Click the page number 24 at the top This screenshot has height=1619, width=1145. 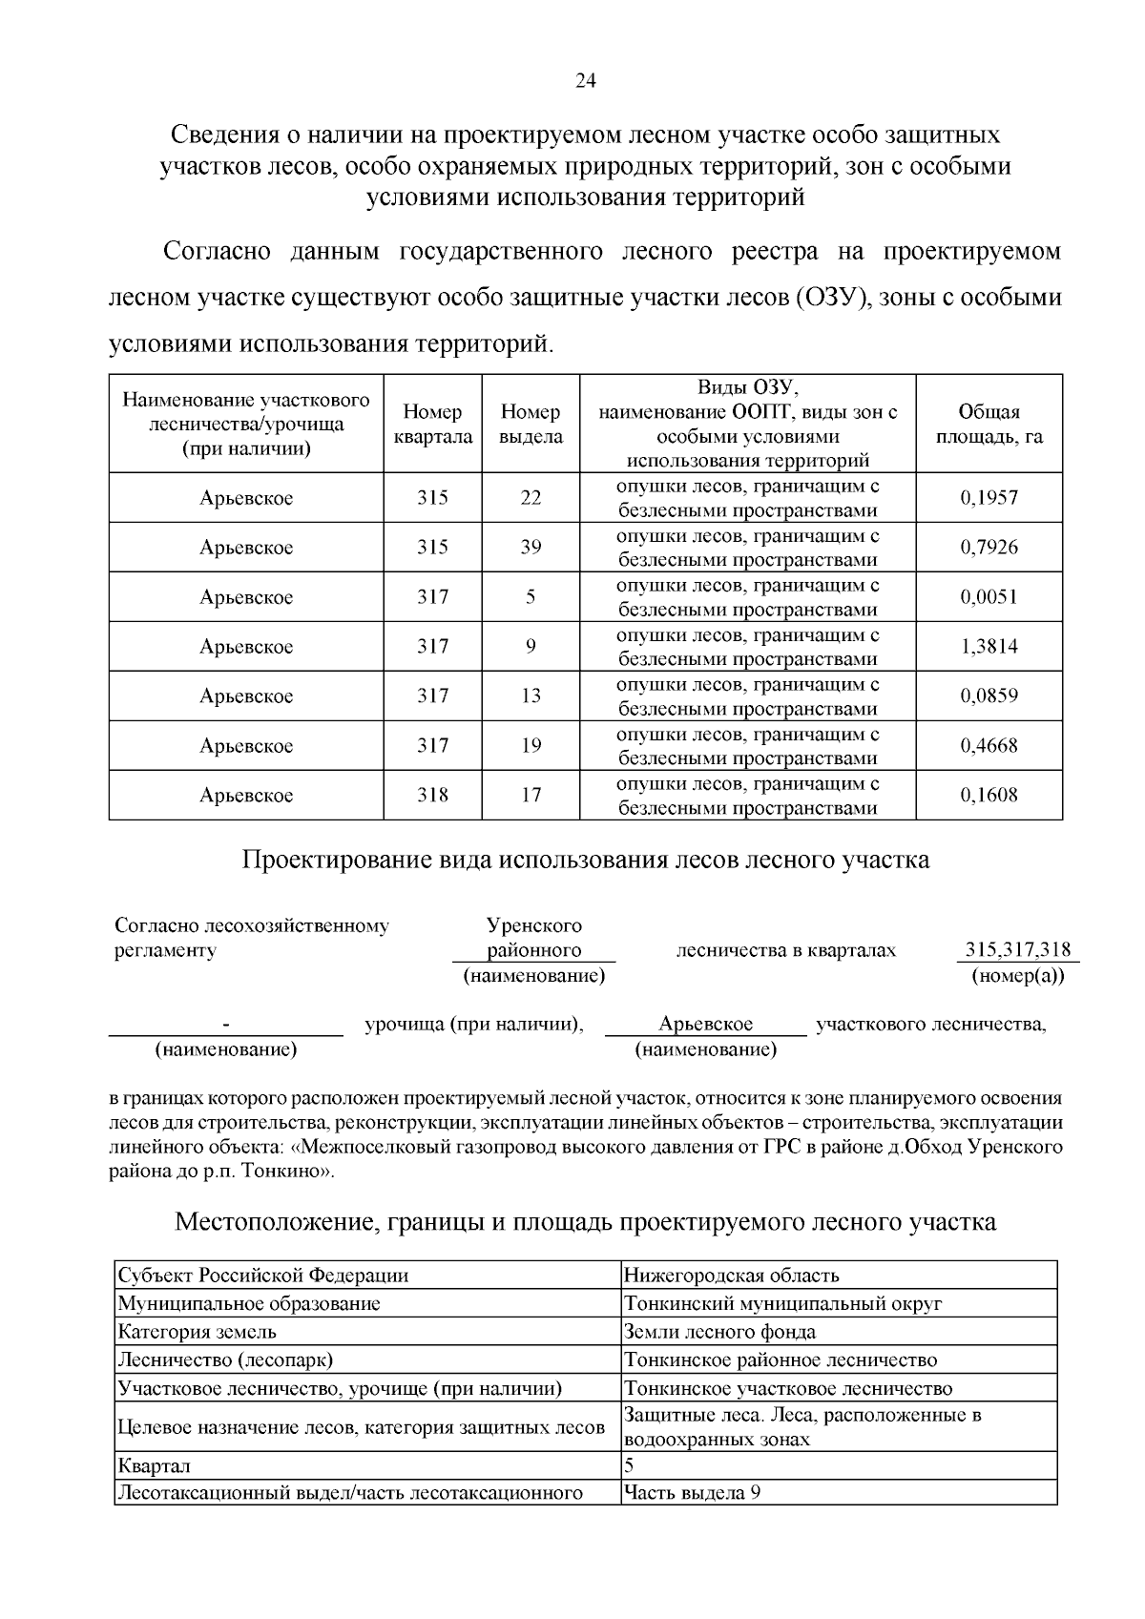pyautogui.click(x=585, y=82)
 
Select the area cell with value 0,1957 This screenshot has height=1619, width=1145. pyautogui.click(x=989, y=498)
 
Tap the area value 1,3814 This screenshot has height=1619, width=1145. pyautogui.click(x=989, y=647)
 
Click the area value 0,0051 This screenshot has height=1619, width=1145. pyautogui.click(x=989, y=597)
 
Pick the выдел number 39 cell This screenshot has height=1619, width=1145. pyautogui.click(x=531, y=548)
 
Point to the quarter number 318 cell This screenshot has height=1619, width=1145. pyautogui.click(x=432, y=796)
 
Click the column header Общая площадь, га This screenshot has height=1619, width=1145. pyautogui.click(x=989, y=425)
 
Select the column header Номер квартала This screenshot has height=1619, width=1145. pyautogui.click(x=432, y=425)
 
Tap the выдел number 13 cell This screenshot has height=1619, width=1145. pyautogui.click(x=531, y=696)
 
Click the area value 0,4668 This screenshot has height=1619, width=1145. pyautogui.click(x=989, y=746)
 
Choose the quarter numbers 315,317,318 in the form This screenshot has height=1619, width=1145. pyautogui.click(x=1017, y=950)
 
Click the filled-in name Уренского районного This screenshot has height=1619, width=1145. pyautogui.click(x=533, y=938)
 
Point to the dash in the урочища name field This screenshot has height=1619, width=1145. pyautogui.click(x=226, y=1025)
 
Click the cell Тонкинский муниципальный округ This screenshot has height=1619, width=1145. pyautogui.click(x=782, y=1303)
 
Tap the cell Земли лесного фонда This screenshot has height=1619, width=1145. pyautogui.click(x=719, y=1332)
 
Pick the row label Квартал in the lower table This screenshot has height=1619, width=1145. pyautogui.click(x=154, y=1465)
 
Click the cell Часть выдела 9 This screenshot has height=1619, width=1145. pyautogui.click(x=692, y=1493)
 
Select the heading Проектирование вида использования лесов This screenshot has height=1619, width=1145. pyautogui.click(x=585, y=861)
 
